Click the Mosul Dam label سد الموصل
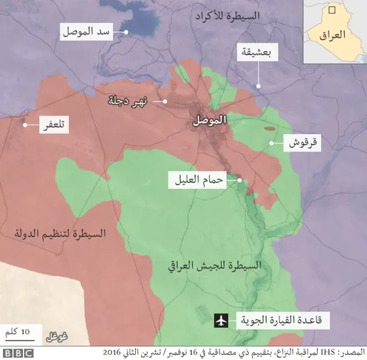85,32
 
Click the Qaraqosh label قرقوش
302,143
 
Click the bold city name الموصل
210,121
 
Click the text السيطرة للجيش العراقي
214,266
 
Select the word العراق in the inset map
334,34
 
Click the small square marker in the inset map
331,9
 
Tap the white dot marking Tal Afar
25,125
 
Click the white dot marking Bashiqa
258,86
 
